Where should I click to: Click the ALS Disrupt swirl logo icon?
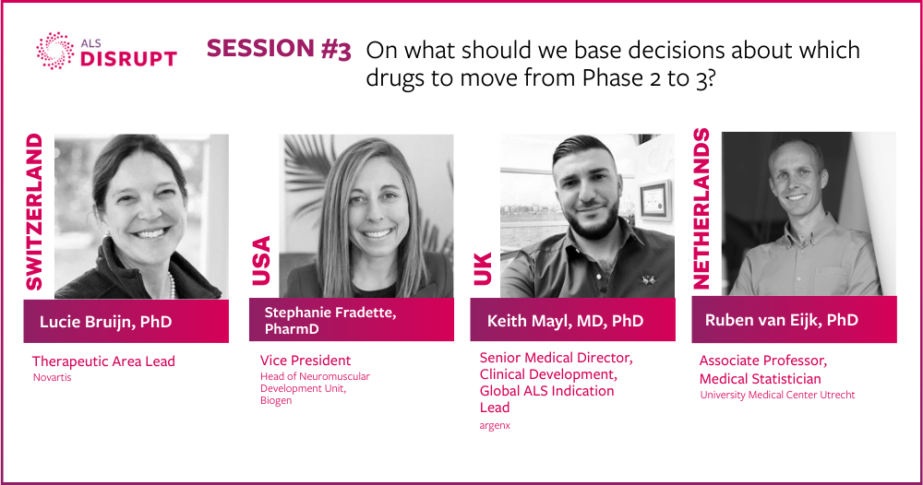tap(55, 51)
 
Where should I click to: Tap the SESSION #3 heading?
tap(279, 49)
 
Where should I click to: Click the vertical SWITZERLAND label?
tap(34, 212)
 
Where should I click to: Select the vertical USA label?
tap(261, 260)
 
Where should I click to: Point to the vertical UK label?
tap(482, 268)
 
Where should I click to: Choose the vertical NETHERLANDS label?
tap(701, 208)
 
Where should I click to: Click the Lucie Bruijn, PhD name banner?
tap(126, 321)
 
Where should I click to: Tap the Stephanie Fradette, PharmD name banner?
tap(352, 320)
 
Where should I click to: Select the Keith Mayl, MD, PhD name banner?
tap(573, 320)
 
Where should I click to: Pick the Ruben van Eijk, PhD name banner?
tap(794, 319)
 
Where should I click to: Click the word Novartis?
tap(52, 377)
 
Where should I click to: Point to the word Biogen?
tap(276, 401)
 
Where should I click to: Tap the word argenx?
tap(495, 425)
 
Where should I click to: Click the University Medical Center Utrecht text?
tap(777, 395)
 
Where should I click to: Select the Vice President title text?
tap(306, 361)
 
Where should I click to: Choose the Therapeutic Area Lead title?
tap(103, 361)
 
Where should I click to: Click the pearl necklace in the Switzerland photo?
tap(172, 285)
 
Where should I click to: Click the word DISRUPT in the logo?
tap(128, 59)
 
